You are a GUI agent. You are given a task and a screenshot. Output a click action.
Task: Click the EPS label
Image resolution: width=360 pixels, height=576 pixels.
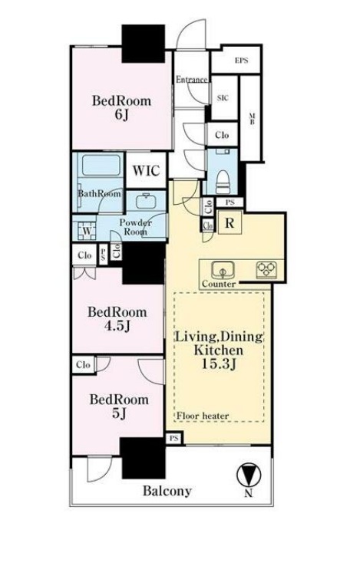pos(241,61)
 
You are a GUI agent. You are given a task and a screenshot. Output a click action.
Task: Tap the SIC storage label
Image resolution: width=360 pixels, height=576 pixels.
pos(223,97)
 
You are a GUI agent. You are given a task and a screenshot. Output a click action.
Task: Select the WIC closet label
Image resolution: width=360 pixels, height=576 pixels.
pos(146,171)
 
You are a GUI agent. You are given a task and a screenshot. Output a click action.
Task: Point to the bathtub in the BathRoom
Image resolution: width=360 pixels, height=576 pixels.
pos(101,166)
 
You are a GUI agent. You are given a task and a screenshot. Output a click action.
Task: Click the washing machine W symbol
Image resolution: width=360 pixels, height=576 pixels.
pos(88,231)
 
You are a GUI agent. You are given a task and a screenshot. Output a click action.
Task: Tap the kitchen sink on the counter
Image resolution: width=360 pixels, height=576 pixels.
pos(223,271)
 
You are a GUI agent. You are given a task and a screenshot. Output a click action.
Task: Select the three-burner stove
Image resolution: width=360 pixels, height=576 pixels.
pos(266,269)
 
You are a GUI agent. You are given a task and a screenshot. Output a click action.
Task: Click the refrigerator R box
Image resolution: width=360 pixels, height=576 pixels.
pos(230,222)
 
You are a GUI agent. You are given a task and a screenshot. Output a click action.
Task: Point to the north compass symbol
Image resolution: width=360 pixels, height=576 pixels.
pos(249,476)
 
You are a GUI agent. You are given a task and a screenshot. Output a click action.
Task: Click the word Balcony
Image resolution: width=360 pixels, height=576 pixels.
pos(167,491)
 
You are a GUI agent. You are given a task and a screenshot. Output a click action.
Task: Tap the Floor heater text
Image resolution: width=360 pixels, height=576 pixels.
pos(203,416)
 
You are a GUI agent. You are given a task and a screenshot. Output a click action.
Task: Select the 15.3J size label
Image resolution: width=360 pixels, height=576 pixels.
pos(219,364)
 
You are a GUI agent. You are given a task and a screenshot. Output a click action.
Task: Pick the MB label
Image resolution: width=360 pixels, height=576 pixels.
pos(253,120)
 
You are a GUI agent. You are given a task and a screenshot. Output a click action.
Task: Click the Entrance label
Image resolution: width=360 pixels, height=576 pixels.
pos(191,79)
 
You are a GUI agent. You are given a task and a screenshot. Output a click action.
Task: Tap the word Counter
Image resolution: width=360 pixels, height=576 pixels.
pos(219,284)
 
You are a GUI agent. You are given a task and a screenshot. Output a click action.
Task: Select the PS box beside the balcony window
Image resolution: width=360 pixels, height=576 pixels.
pos(174,438)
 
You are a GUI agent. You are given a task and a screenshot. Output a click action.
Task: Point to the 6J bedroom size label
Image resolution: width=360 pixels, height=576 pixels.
pos(121,115)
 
